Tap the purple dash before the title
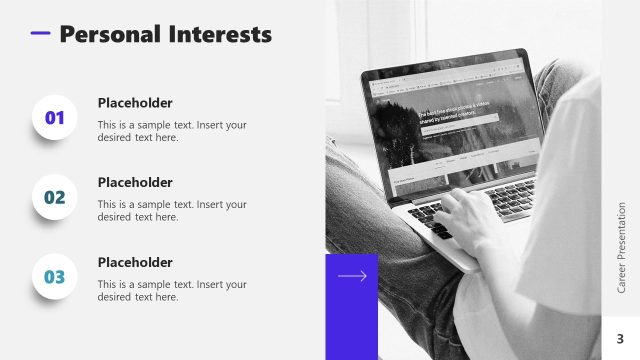point(40,33)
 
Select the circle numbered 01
point(54,118)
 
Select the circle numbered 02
point(54,197)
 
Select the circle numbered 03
point(54,277)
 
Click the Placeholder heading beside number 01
point(135,103)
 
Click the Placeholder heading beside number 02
point(135,183)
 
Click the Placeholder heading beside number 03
point(135,262)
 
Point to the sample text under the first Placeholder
point(171,131)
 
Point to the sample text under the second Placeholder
point(171,210)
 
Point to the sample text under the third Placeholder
point(171,290)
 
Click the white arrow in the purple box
point(352,276)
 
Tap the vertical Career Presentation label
point(621,247)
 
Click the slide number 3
point(620,338)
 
